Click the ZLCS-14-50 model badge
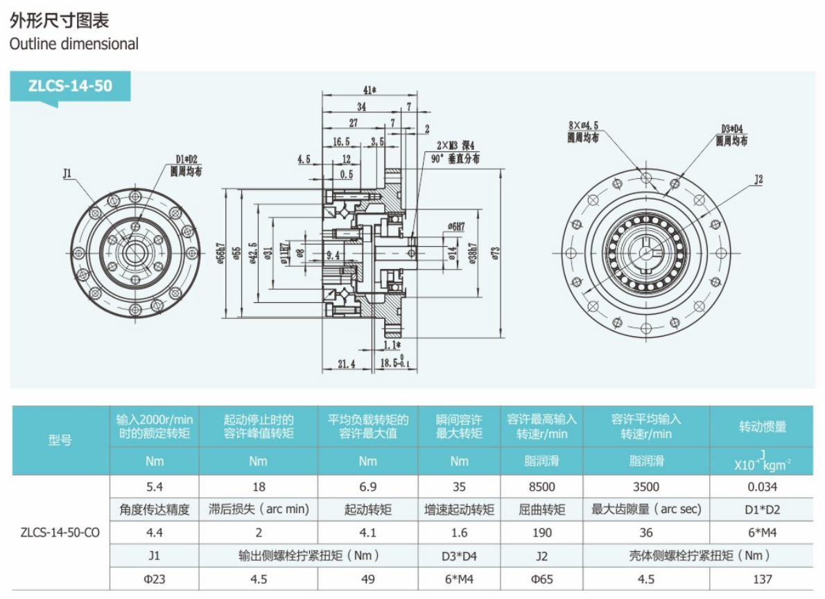click(x=69, y=87)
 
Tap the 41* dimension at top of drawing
click(x=369, y=89)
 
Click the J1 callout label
click(x=68, y=173)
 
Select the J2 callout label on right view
click(x=758, y=180)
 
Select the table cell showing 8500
click(x=541, y=487)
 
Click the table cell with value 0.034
click(x=763, y=487)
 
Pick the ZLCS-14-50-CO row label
click(x=60, y=532)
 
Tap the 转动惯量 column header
click(x=763, y=426)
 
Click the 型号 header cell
click(x=60, y=440)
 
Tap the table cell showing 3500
click(x=646, y=487)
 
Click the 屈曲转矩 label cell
click(x=541, y=510)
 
